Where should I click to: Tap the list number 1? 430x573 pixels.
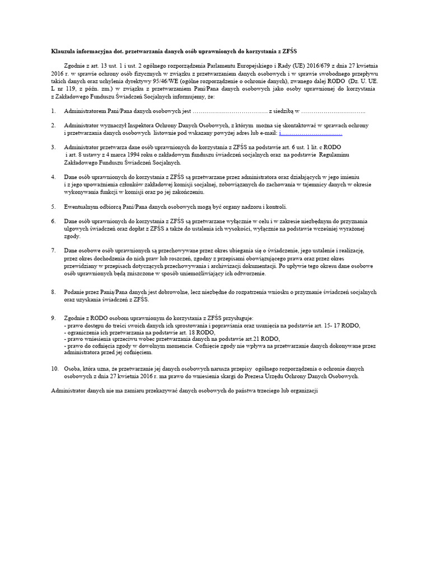tap(53, 112)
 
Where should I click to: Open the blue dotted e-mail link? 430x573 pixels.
tap(310, 134)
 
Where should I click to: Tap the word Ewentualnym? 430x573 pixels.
tap(81, 206)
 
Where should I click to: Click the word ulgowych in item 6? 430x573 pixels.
tap(76, 228)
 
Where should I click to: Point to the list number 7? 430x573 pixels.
tap(53, 250)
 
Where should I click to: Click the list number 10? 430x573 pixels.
tap(54, 369)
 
